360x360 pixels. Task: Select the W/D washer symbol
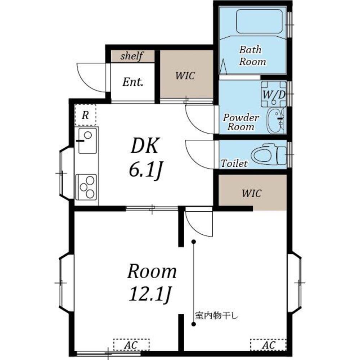(x=274, y=94)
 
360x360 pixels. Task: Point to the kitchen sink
(x=87, y=141)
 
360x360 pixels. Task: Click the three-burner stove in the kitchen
(x=86, y=187)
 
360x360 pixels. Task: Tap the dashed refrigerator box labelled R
(x=85, y=115)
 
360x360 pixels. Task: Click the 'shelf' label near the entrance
(x=132, y=56)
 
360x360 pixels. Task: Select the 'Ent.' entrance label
(x=133, y=82)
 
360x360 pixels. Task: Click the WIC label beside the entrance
(x=185, y=76)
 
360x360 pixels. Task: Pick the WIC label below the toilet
(x=251, y=193)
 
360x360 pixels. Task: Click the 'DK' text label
(x=144, y=145)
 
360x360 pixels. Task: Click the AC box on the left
(x=131, y=345)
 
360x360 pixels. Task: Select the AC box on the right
(x=268, y=345)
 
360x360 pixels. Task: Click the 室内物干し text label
(x=216, y=316)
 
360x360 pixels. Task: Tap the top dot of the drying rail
(x=194, y=242)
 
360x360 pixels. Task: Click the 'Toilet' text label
(x=234, y=163)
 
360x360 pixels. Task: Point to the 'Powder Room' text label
(x=241, y=122)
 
